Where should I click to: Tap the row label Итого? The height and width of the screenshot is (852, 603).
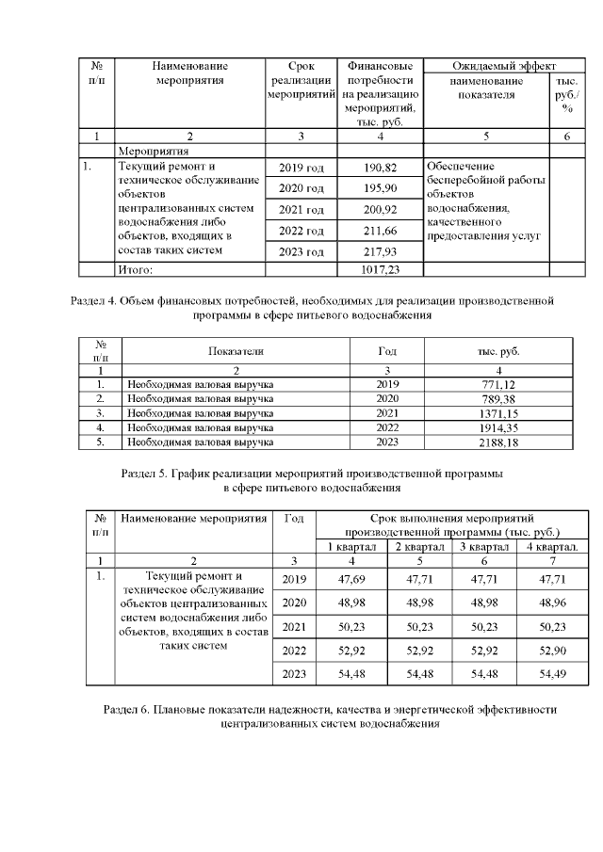135,269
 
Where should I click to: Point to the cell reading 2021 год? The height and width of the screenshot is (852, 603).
301,209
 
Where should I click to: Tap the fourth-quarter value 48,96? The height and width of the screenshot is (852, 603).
552,602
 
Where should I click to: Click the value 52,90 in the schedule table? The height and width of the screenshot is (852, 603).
552,649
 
